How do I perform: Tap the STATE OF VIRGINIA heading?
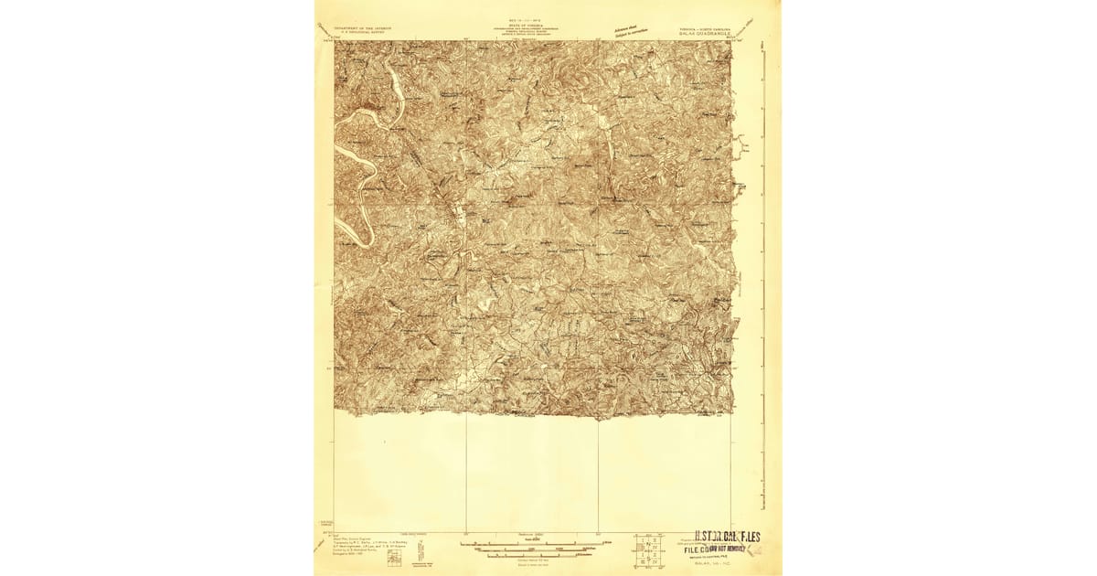[533, 27]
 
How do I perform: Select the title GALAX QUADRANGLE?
[702, 33]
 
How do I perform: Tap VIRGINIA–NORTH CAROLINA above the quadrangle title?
[702, 27]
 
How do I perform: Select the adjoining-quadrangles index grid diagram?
[651, 548]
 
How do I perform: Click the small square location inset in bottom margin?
[393, 557]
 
